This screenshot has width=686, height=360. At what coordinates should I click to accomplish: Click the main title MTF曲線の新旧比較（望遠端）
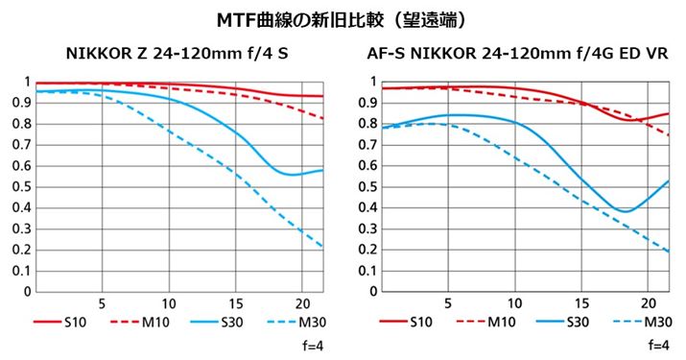[x=343, y=19]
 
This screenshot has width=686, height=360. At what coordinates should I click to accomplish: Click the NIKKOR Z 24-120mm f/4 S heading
[x=177, y=55]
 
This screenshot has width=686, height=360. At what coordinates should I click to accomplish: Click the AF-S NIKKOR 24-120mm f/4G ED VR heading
[x=518, y=55]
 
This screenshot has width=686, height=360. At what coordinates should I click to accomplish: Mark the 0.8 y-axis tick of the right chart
[x=366, y=124]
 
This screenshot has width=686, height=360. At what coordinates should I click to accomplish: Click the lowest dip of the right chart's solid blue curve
[x=625, y=211]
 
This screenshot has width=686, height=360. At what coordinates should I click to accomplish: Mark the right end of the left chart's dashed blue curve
[x=322, y=248]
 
